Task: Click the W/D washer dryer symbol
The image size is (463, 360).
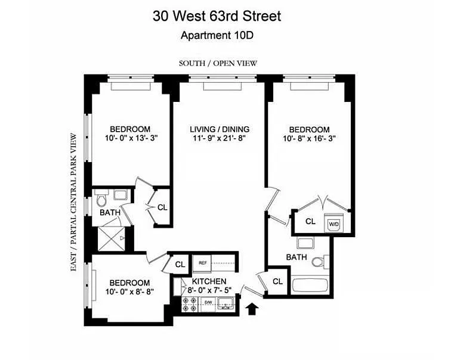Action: click(334, 223)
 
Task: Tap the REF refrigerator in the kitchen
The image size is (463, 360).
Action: click(202, 263)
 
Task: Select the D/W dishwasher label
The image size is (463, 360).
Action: click(208, 302)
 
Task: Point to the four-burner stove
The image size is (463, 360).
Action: click(190, 304)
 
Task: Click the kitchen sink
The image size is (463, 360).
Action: click(226, 303)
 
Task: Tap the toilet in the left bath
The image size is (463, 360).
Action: click(101, 199)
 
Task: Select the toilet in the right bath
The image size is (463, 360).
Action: click(321, 262)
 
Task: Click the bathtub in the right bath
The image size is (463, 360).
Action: click(310, 285)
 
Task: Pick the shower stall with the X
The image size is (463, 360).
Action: click(112, 240)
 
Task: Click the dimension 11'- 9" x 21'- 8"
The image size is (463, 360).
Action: click(220, 138)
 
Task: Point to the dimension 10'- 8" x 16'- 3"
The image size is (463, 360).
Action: click(309, 138)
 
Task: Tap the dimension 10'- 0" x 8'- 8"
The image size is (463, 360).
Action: click(129, 291)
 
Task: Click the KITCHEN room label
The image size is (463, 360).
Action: click(209, 281)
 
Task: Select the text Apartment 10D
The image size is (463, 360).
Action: click(217, 35)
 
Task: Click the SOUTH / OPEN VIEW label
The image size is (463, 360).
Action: click(218, 63)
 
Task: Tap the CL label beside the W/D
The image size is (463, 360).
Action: click(310, 221)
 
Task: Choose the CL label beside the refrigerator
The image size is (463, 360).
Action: click(180, 265)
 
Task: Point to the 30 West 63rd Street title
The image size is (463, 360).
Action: click(217, 16)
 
